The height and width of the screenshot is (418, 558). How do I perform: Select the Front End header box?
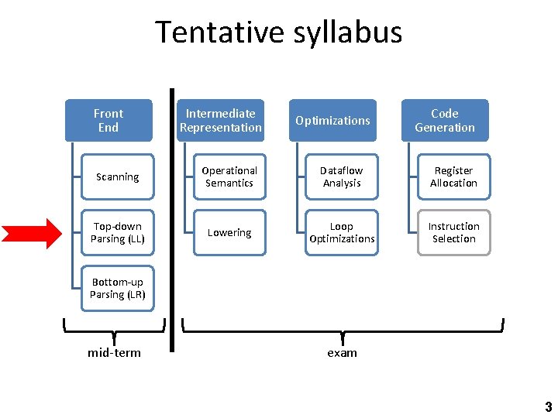[108, 120]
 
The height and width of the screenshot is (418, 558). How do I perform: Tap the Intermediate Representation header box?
[221, 120]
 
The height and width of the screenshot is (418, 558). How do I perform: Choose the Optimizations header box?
[332, 120]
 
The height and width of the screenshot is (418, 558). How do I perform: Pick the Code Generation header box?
[445, 120]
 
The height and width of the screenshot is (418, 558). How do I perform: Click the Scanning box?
[118, 176]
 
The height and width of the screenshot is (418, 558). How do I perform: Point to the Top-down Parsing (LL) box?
[118, 232]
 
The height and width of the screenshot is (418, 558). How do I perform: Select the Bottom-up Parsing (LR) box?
[118, 288]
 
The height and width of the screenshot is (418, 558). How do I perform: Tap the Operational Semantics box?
[229, 176]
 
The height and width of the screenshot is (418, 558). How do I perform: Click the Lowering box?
[229, 232]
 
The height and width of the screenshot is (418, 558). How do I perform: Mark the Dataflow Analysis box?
[342, 176]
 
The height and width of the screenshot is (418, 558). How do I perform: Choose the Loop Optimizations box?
[342, 232]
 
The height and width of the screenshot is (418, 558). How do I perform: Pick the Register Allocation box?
[454, 176]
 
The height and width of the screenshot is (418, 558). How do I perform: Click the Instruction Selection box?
[454, 232]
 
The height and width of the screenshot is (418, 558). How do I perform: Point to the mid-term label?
[115, 353]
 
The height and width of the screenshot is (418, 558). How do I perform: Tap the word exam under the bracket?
[342, 353]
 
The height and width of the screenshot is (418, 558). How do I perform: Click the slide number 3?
[549, 407]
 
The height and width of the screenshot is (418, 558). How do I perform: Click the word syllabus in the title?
[344, 33]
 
